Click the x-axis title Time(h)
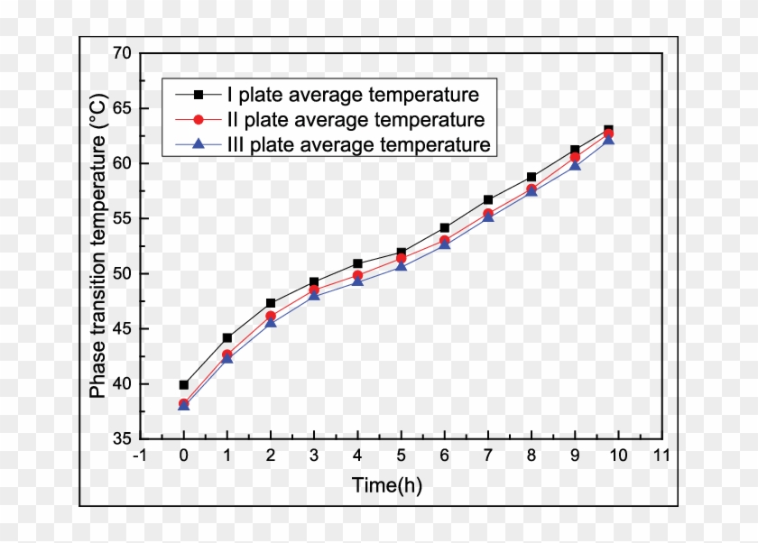(x=386, y=486)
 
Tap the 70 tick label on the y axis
(x=122, y=53)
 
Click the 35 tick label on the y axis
(x=122, y=438)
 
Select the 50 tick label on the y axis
(x=122, y=273)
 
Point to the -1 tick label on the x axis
(x=140, y=456)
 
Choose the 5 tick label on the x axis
(x=401, y=456)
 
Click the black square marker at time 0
(x=184, y=385)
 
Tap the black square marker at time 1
(x=227, y=338)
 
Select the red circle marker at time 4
(x=357, y=276)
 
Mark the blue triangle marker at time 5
(x=401, y=266)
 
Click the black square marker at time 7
(x=488, y=199)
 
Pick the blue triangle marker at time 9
(x=575, y=165)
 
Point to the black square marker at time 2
(x=271, y=303)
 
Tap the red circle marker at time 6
(x=445, y=241)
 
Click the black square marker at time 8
(x=532, y=178)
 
